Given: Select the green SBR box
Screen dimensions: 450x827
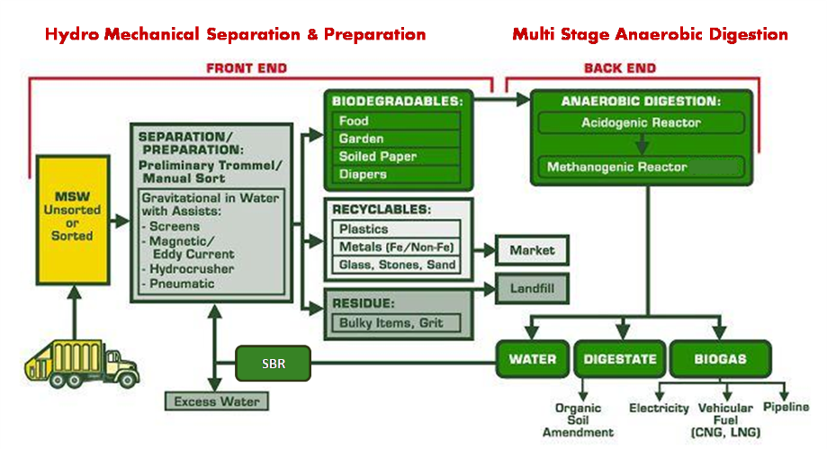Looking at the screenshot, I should tap(273, 364).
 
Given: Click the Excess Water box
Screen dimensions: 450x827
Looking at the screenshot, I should tap(216, 401).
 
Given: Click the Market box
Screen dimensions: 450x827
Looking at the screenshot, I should tap(532, 249).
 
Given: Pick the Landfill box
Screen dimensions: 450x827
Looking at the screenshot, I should tap(532, 288).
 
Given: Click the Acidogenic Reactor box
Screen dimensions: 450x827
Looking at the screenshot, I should tap(641, 122).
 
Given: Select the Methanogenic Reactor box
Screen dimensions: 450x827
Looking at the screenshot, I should tap(641, 167).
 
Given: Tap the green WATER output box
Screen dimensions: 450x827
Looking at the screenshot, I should tap(533, 359).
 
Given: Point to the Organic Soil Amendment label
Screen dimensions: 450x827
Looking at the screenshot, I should tap(578, 420).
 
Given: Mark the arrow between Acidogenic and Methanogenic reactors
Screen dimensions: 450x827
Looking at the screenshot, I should tap(641, 145).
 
